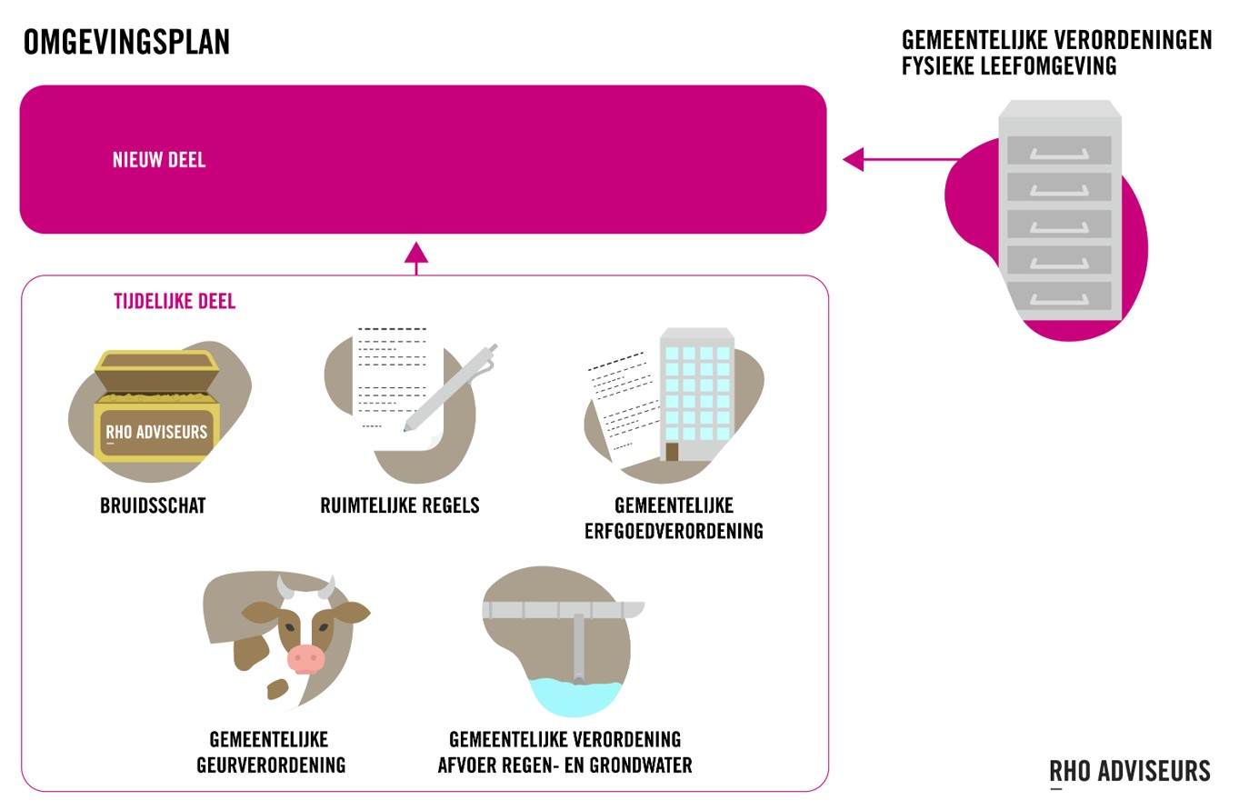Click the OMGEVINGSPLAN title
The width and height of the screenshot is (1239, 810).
pos(126,43)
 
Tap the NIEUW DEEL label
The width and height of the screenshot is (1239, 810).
pos(159,160)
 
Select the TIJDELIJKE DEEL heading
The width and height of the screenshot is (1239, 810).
pos(175,301)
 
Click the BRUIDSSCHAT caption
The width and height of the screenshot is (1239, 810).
pos(153,505)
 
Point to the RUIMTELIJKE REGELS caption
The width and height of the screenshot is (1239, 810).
pos(399,505)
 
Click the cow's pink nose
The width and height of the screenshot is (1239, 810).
pos(305,657)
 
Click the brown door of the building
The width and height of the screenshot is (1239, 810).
pos(672,452)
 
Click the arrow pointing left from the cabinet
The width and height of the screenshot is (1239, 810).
pos(854,160)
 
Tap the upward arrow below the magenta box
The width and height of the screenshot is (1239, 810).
pos(416,255)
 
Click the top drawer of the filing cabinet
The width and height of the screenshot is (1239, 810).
pos(1059,150)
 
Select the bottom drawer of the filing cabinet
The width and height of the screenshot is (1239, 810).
pos(1059,295)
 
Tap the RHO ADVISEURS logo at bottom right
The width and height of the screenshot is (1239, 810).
pos(1130,772)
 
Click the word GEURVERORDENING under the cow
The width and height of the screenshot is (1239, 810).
pos(271,765)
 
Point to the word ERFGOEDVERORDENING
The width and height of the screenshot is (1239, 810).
pos(674,531)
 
